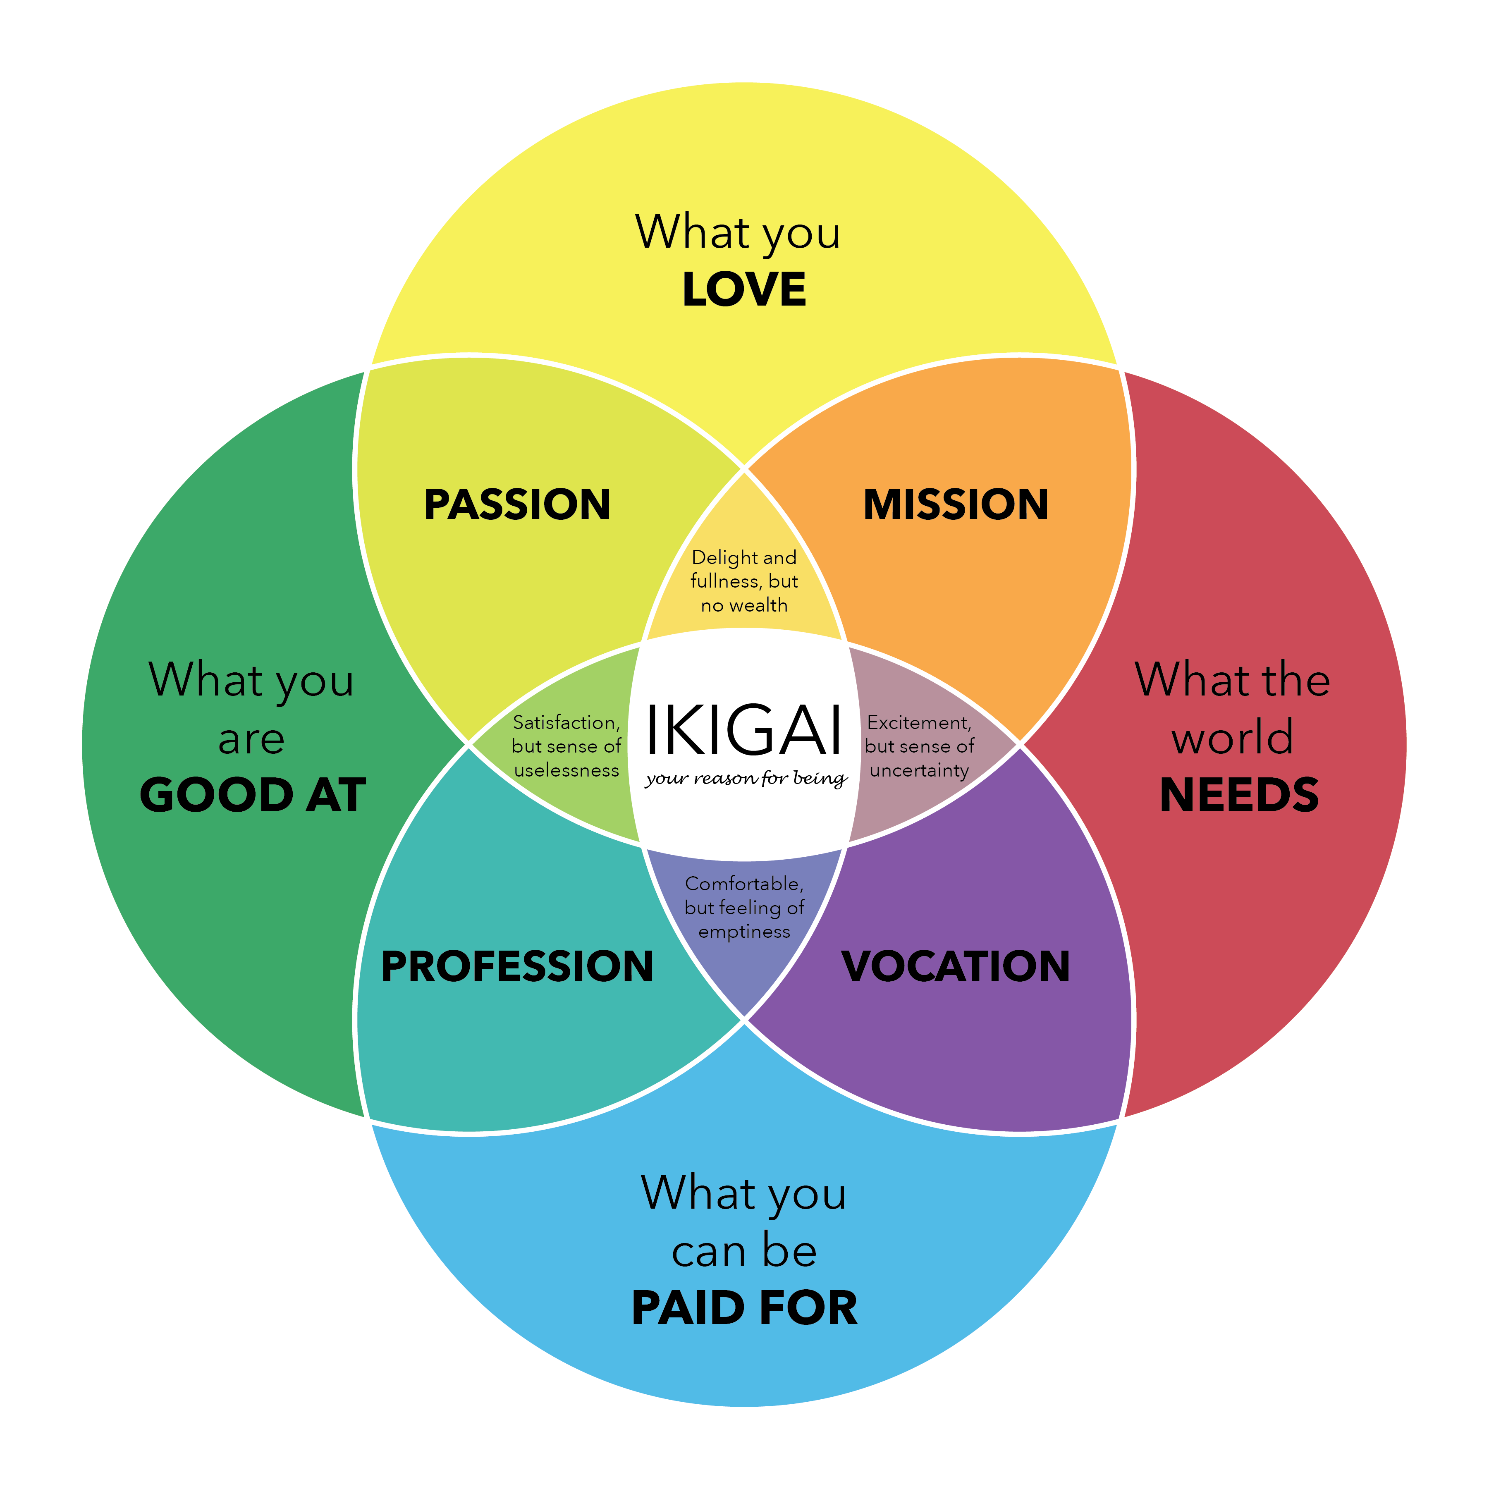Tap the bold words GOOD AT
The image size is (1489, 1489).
click(x=253, y=796)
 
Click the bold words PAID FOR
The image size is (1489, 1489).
click(x=744, y=1309)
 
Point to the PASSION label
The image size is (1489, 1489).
click(x=517, y=505)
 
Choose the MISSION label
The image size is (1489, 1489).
click(x=956, y=505)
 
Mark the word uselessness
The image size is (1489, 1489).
click(x=566, y=771)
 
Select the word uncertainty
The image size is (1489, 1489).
click(x=919, y=771)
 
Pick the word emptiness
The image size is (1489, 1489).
click(x=744, y=932)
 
